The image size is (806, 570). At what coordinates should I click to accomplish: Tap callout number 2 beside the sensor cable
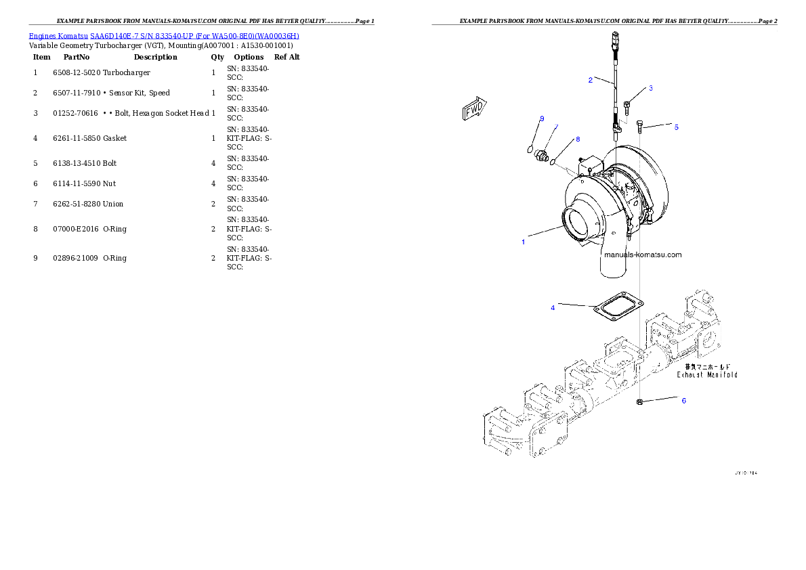coord(651,89)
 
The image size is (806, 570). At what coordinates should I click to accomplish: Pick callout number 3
coord(553,308)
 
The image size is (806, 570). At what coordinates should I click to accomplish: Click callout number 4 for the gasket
coord(676,127)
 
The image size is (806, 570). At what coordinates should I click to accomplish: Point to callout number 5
coord(683,401)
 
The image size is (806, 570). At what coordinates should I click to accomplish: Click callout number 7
coord(578,139)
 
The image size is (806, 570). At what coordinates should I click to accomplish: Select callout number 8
coord(542,119)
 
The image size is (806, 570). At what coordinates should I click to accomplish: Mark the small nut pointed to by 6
coord(639,403)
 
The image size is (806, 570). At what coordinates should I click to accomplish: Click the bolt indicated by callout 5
coord(641,125)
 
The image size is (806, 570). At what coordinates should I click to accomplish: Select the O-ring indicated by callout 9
coord(530,149)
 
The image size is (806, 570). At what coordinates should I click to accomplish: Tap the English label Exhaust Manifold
coord(707,374)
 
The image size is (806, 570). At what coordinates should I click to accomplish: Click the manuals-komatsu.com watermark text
coord(642,255)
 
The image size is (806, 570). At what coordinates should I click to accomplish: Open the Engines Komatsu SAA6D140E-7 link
coord(164,35)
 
